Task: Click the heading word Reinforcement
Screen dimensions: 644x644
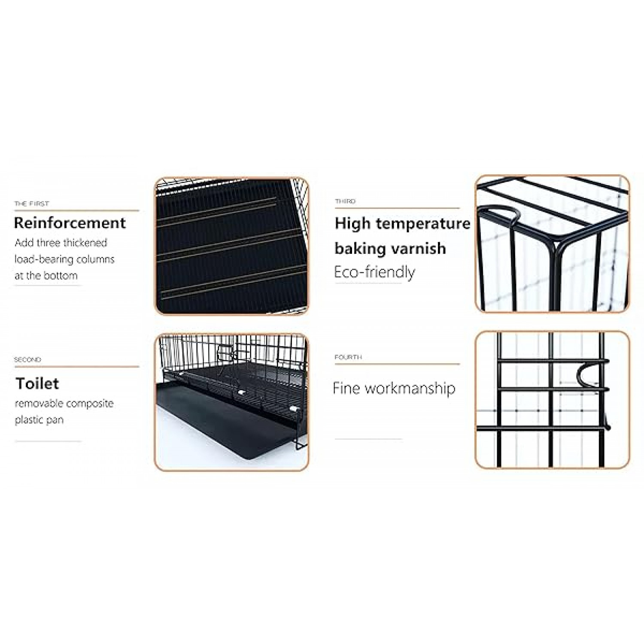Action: click(70, 223)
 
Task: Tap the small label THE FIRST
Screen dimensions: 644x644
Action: click(32, 204)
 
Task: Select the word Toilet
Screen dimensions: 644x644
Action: click(37, 383)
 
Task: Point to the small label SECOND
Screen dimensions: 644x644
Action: click(27, 359)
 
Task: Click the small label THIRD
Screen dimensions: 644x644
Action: click(345, 201)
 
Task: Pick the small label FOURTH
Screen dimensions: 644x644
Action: click(348, 357)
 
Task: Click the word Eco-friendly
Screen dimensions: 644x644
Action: click(375, 272)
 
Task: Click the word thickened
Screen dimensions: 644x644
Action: click(83, 243)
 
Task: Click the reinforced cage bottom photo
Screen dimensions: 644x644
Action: click(231, 246)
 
